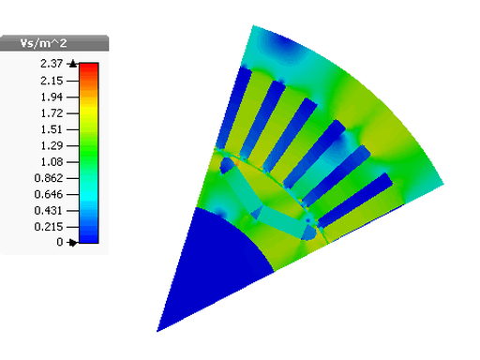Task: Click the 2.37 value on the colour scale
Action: click(52, 64)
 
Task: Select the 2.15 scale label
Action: click(52, 81)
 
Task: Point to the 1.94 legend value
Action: click(52, 97)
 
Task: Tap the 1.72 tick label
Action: click(52, 113)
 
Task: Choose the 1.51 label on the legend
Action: click(52, 129)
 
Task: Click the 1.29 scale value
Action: click(52, 146)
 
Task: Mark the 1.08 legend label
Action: click(52, 162)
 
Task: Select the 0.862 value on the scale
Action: click(49, 178)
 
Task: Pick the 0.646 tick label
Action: click(49, 195)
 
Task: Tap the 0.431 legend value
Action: click(49, 211)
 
